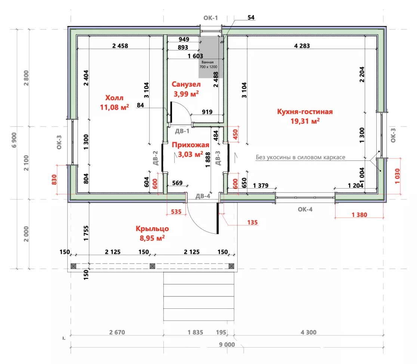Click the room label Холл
tap(114, 98)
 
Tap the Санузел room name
tap(186, 84)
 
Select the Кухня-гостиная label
tap(305, 112)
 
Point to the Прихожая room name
tap(191, 145)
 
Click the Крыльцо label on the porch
tap(152, 229)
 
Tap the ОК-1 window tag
tap(211, 18)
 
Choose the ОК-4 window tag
tap(305, 209)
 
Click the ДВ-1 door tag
tap(182, 131)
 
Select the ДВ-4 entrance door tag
tap(203, 196)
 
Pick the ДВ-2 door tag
tap(155, 158)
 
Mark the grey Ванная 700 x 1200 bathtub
tap(209, 57)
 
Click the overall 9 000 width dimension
tap(227, 345)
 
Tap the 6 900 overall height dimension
tap(14, 140)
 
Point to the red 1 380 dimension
tap(359, 215)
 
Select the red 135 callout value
tap(252, 223)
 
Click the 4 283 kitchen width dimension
tap(302, 46)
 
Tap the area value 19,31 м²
tap(305, 121)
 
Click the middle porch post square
tap(152, 266)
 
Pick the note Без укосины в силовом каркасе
tap(300, 157)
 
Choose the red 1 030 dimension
tap(397, 176)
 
